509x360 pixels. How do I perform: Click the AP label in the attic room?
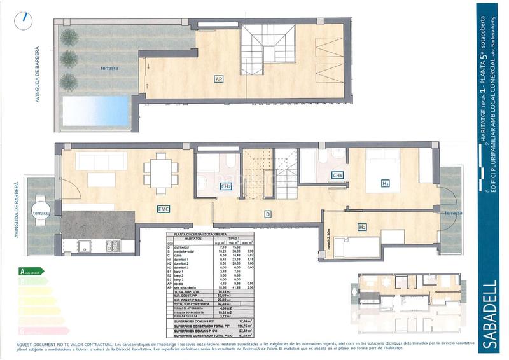pos(218,80)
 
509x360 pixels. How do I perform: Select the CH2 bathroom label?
pos(225,186)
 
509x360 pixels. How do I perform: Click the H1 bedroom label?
pos(385,183)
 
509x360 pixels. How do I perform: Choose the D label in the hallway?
pos(268,215)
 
